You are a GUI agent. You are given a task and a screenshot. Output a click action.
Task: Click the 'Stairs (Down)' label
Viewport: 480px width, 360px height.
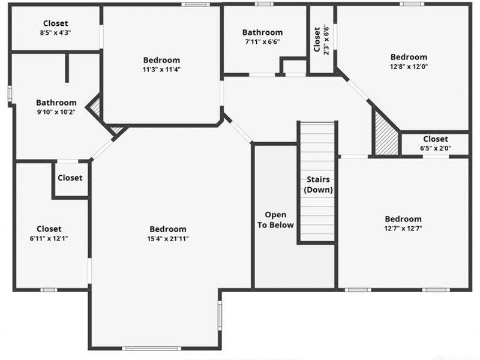coord(319,185)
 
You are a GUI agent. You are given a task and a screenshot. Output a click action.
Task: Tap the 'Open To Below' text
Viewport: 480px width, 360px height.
coord(275,220)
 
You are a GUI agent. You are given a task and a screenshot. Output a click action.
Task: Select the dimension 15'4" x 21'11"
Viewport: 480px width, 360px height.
coord(168,239)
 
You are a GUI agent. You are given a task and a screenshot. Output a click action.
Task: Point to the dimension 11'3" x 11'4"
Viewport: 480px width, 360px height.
coord(161,70)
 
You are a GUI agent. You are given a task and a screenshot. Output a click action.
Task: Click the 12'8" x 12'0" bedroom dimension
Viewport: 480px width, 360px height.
coord(409,67)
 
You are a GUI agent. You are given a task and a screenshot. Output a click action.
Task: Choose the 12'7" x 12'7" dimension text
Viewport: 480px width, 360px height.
coord(403,229)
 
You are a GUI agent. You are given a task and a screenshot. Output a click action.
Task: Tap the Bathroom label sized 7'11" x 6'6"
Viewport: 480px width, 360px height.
coord(262,32)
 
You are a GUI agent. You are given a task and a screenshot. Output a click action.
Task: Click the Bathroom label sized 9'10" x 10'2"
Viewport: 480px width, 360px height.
coord(56,103)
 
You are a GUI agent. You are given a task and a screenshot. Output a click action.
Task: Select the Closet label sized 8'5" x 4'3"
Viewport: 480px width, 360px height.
coord(55,23)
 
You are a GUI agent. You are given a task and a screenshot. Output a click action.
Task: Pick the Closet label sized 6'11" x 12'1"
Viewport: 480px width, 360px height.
coord(49,229)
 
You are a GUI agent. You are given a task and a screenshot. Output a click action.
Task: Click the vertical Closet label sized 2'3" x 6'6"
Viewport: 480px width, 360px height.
coord(317,40)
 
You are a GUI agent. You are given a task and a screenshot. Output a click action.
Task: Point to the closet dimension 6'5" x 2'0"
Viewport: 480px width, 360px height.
coord(436,148)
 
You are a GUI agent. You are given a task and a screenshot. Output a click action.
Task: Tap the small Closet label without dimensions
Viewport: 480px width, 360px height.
coord(70,178)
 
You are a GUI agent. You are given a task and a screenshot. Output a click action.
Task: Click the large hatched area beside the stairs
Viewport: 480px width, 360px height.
coord(386,134)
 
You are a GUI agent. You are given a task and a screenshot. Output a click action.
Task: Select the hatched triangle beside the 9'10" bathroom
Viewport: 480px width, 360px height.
coord(95,107)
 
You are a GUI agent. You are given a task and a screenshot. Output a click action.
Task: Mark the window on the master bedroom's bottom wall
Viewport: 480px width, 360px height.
coord(152,348)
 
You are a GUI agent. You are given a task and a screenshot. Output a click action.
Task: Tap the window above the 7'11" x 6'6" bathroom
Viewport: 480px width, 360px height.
coord(264,4)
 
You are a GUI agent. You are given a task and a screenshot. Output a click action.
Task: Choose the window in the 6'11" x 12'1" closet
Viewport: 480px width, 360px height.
coord(49,290)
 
